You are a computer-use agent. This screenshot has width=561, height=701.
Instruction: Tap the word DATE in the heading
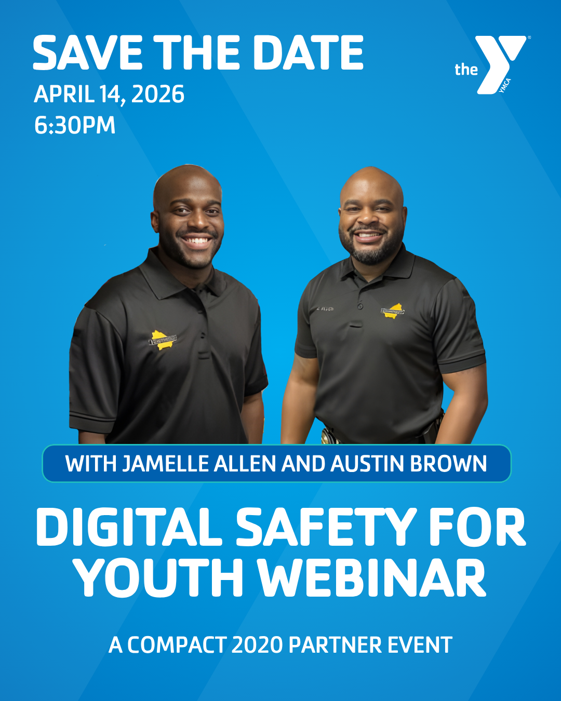point(308,52)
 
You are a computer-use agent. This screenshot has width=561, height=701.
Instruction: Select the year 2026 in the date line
point(158,94)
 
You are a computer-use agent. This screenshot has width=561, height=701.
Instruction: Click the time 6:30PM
point(75,125)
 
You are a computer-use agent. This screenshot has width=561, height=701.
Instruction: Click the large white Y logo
point(500,64)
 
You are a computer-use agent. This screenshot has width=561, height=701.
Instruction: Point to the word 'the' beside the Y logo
point(466,70)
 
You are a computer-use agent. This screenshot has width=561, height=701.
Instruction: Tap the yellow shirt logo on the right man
point(393,311)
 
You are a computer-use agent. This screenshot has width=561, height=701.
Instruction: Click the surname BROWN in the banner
point(448,464)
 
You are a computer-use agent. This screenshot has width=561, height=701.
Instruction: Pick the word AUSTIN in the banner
point(367,464)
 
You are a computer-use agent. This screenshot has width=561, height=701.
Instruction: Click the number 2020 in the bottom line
point(257,644)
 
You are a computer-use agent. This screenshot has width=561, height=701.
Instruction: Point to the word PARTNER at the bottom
point(335,644)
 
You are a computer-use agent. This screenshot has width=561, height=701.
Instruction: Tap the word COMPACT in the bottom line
point(177,644)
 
